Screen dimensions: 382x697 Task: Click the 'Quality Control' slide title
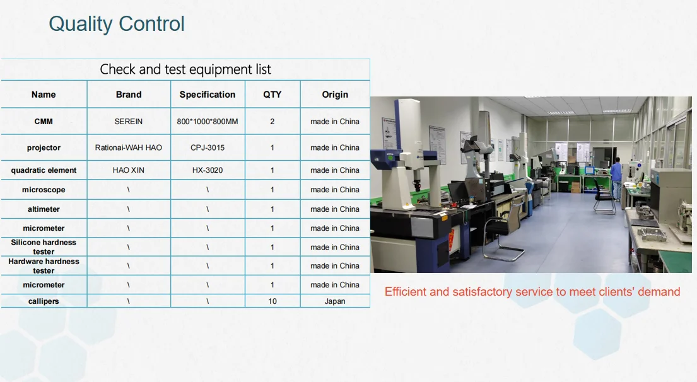tap(117, 24)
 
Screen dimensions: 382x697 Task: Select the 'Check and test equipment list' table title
tap(185, 69)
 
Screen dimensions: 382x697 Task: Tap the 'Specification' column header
tap(208, 95)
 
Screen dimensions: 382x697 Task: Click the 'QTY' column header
tap(272, 95)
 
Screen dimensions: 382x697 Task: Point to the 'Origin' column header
tap(335, 95)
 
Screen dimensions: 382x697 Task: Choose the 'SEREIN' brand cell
tap(129, 121)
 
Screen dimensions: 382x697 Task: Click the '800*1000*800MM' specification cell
tap(208, 121)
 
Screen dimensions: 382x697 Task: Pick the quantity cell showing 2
tap(272, 121)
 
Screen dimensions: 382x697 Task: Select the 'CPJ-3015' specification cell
tap(208, 148)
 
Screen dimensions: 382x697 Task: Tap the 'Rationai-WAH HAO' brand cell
tap(129, 148)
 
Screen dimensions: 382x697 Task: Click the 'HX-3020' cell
tap(208, 170)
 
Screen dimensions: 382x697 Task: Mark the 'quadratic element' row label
tap(44, 170)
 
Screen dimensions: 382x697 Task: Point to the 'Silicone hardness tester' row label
tap(44, 247)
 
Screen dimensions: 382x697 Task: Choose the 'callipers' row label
tap(44, 301)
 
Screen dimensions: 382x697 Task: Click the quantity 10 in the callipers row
tap(272, 301)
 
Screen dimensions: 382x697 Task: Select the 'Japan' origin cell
tap(335, 301)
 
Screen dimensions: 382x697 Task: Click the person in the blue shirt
tap(616, 177)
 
